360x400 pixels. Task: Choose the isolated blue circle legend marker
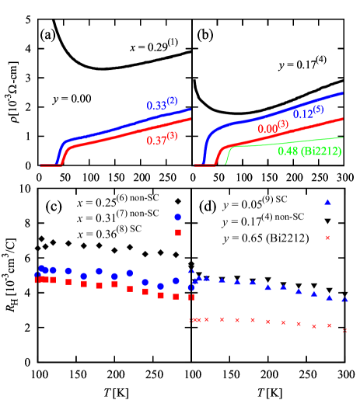[x=177, y=217]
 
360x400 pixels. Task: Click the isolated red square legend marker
[x=177, y=232]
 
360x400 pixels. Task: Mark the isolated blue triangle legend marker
[x=327, y=202]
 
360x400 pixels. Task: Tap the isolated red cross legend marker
[x=327, y=238]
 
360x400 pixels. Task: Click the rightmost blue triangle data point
[x=344, y=300]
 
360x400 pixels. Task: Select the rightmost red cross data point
[x=344, y=330]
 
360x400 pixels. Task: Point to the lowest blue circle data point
[x=160, y=286]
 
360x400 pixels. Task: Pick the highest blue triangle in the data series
[x=190, y=270]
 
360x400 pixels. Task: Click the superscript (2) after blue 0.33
[x=171, y=100]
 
